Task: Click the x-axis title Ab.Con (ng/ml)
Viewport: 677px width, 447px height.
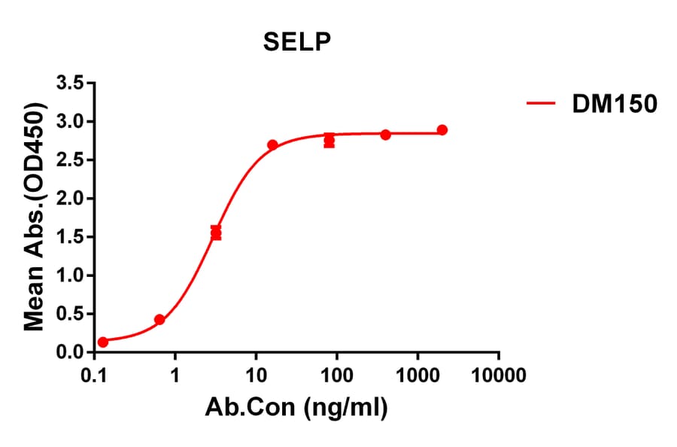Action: (x=296, y=409)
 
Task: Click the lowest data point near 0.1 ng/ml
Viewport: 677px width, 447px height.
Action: (x=103, y=342)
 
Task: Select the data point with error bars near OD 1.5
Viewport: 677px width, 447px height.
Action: (x=216, y=233)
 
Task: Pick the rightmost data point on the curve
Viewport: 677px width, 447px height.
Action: (x=442, y=130)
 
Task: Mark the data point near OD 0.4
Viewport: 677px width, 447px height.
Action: (x=159, y=320)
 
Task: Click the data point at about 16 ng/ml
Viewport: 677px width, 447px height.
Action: (x=272, y=144)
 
